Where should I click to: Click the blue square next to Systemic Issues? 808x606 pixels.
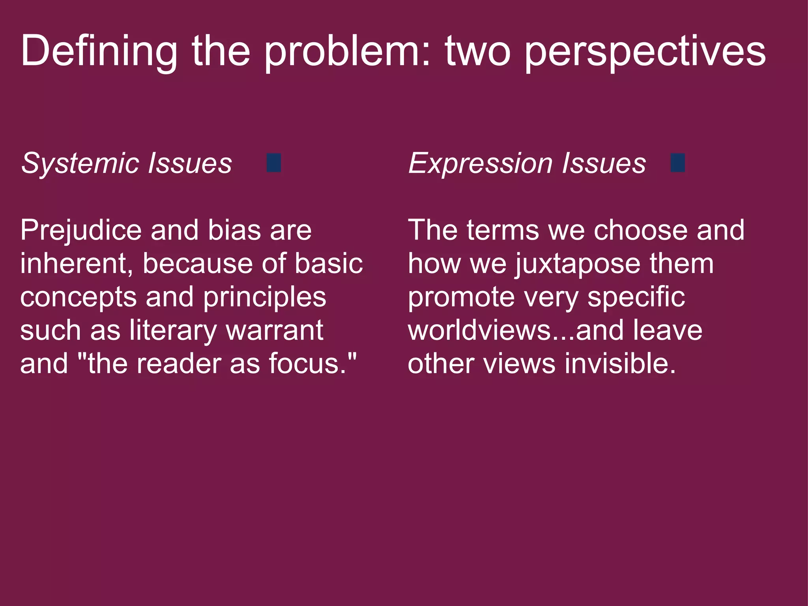pyautogui.click(x=274, y=163)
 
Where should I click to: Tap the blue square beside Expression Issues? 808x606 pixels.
pyautogui.click(x=678, y=163)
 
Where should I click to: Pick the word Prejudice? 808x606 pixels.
pyautogui.click(x=81, y=230)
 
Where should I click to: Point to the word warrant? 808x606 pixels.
pyautogui.click(x=275, y=331)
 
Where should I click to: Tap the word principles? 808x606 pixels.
pyautogui.click(x=264, y=297)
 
